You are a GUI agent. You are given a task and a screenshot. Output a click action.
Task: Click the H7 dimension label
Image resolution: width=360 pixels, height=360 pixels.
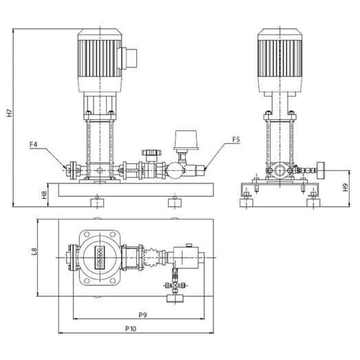coord(9,112)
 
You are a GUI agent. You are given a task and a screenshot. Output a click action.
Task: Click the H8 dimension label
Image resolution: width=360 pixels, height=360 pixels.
coord(44,195)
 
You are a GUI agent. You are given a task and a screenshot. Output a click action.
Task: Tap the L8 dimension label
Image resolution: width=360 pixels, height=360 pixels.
coord(34,251)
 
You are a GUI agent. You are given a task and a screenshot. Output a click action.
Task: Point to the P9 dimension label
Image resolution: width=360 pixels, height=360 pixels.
coord(142,315)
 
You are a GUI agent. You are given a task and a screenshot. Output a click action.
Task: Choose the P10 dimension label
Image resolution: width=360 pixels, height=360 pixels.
coord(131,329)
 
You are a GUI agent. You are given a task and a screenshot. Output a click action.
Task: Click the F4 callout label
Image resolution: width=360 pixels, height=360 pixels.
coord(34,145)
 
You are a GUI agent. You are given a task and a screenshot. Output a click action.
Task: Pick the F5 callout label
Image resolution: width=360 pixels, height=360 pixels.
coord(236,139)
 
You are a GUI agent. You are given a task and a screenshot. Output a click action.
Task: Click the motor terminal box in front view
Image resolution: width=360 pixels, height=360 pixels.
coord(129,58)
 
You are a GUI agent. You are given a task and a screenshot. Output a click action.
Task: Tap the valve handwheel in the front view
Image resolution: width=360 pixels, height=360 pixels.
coord(151,152)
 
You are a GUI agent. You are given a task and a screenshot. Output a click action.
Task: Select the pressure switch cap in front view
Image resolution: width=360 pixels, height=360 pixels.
coord(186,140)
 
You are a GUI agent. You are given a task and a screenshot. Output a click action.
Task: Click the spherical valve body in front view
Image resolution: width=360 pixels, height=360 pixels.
coord(176,170)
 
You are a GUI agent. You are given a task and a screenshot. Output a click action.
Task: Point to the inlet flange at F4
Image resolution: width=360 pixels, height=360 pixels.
coord(73,170)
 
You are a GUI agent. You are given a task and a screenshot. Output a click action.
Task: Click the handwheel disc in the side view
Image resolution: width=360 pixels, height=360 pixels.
coord(321,170)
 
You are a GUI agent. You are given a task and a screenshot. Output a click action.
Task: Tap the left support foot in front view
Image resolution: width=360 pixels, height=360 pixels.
coord(97,202)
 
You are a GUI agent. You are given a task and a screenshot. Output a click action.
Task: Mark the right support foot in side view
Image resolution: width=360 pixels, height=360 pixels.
coord(313,203)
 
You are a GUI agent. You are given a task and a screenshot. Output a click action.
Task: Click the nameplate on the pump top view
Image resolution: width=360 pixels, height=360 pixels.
coord(100,257)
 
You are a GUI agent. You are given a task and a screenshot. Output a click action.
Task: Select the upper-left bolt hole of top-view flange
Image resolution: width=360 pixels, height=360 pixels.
coord(87,235)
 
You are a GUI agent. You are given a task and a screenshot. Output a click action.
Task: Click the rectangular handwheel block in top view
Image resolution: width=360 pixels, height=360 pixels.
coord(175,299)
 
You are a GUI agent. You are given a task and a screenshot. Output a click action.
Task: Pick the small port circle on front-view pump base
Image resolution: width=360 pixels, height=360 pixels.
coord(100,170)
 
